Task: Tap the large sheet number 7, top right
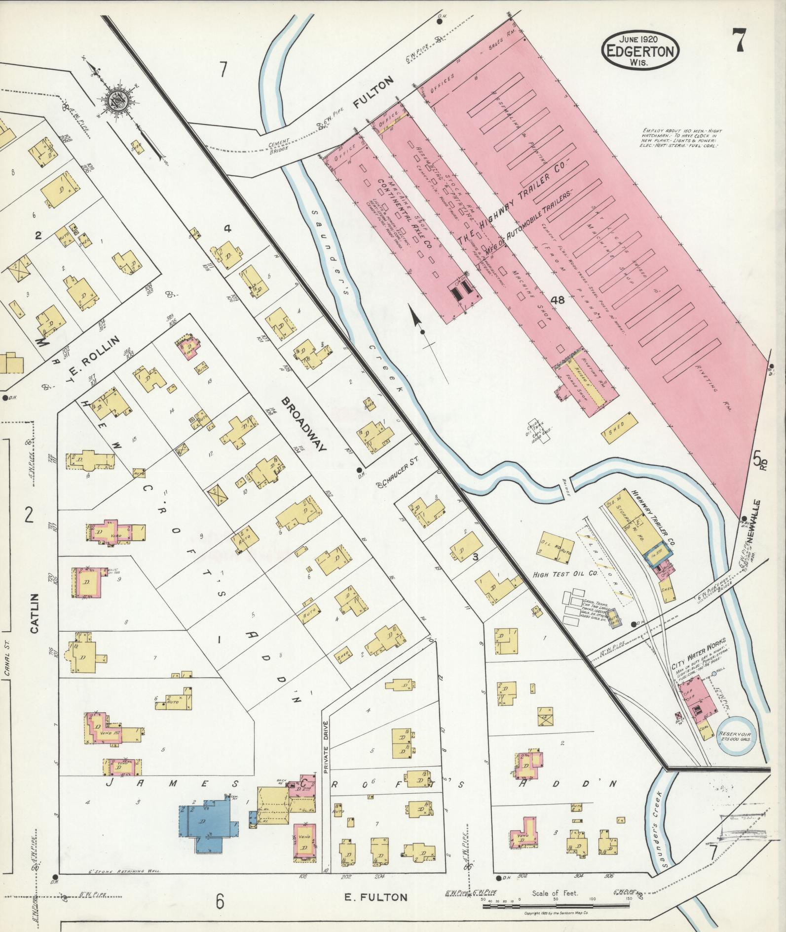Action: coord(739,41)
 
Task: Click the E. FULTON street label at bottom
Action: coord(376,897)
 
